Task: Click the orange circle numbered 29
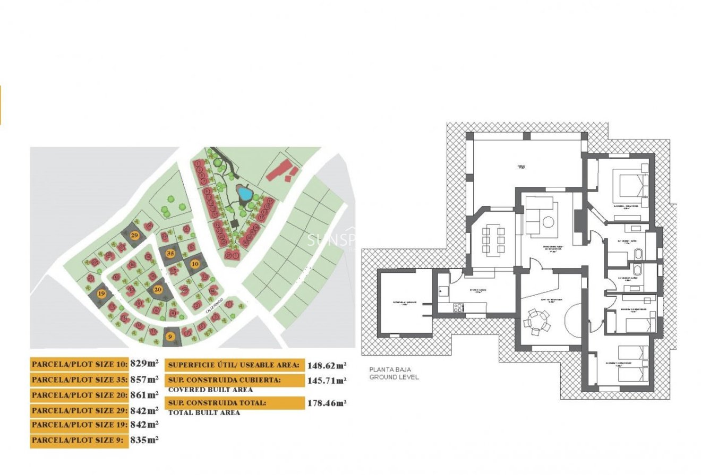(x=134, y=235)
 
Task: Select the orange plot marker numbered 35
(x=170, y=253)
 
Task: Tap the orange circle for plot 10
(x=195, y=263)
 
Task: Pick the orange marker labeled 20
(x=158, y=289)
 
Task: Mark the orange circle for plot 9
(x=170, y=335)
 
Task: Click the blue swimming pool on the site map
(x=244, y=193)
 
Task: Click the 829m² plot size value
(x=144, y=364)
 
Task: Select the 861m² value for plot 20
(x=144, y=394)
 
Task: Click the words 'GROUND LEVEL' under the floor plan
(x=394, y=377)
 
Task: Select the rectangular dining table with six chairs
(x=493, y=239)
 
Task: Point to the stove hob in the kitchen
(x=458, y=307)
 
